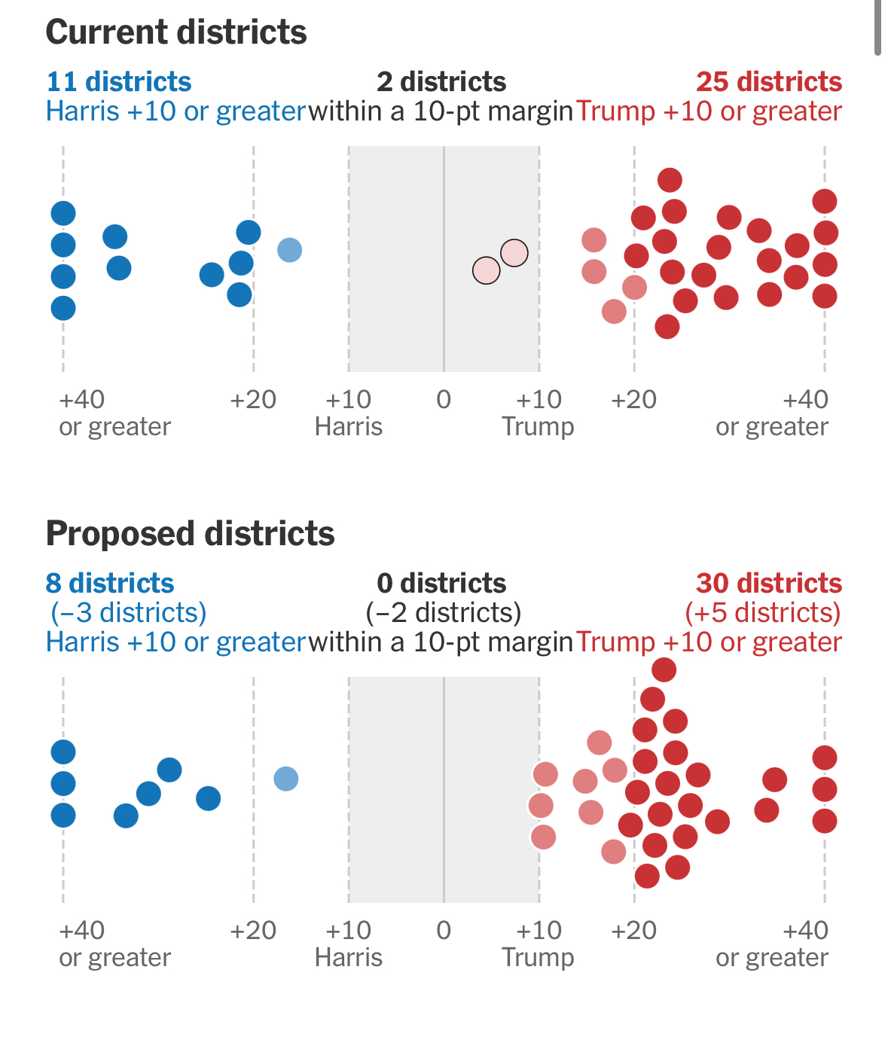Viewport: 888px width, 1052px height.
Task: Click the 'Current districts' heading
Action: [x=176, y=32]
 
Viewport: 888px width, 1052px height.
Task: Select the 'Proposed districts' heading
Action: [x=190, y=533]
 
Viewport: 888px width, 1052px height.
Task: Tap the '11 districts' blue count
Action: [x=119, y=81]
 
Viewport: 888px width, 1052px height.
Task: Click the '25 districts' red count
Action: [x=768, y=81]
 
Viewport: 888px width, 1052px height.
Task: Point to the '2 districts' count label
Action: [x=441, y=81]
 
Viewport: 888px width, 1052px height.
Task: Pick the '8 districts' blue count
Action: [x=110, y=583]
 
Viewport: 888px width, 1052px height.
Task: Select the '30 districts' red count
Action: [x=768, y=583]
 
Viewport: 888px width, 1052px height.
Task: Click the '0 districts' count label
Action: [x=441, y=583]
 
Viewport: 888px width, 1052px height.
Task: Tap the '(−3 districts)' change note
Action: [x=128, y=612]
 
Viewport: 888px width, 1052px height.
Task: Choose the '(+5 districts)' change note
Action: [x=762, y=612]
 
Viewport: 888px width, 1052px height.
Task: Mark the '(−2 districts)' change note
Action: [x=443, y=612]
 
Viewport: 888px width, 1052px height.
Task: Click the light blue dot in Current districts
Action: [x=290, y=249]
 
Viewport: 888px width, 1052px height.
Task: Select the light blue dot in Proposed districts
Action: [x=286, y=778]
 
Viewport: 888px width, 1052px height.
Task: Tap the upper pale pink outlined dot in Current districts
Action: [x=514, y=253]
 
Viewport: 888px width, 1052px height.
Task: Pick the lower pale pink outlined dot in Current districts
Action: [x=487, y=270]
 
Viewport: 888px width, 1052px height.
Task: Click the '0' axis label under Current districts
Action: [x=444, y=399]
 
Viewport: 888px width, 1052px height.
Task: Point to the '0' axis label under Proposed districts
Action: [x=444, y=930]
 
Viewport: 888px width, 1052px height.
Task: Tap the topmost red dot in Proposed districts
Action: [x=664, y=669]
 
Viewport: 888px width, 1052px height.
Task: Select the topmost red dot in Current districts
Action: [x=670, y=180]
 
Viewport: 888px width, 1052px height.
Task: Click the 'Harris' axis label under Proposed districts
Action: [x=348, y=957]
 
